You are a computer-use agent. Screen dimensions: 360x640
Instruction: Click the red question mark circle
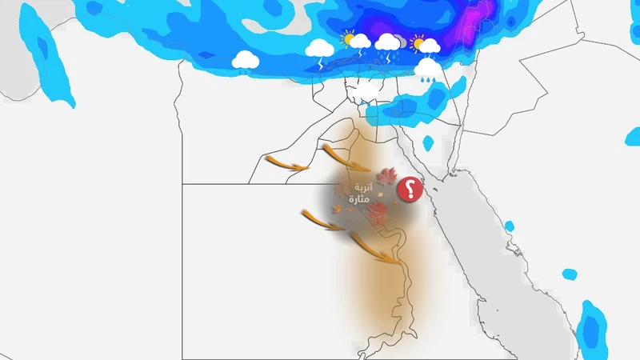(x=410, y=190)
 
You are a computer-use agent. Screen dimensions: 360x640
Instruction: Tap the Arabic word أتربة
(x=363, y=188)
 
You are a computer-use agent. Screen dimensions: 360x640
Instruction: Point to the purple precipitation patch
(x=477, y=20)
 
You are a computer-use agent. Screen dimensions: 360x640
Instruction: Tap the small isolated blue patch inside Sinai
(x=429, y=142)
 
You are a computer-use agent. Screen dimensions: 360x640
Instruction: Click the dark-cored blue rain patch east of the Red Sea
(x=592, y=328)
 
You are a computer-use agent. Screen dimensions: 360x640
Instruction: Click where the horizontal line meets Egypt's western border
(x=182, y=184)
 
